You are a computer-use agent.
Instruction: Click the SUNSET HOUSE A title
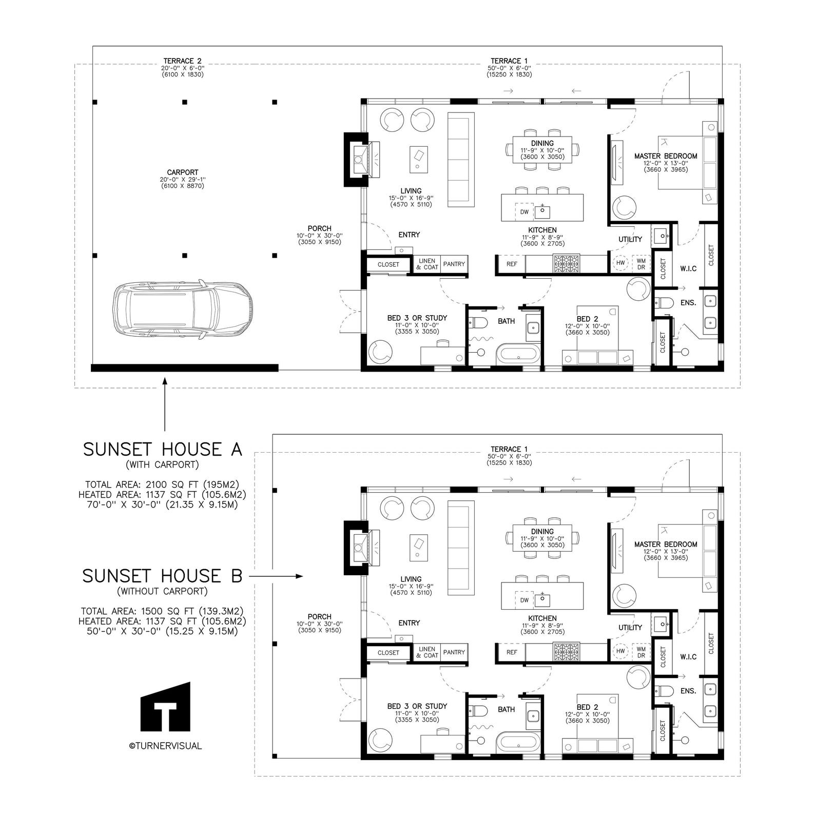click(162, 449)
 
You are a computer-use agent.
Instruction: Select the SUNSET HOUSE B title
click(162, 576)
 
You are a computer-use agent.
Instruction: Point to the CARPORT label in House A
click(182, 172)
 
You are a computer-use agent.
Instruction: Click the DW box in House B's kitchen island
click(524, 600)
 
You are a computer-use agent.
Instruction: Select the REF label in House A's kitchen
click(512, 264)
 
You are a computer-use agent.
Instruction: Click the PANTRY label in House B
click(454, 652)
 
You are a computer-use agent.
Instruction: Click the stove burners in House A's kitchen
click(566, 264)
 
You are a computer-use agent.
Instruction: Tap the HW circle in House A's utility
click(620, 263)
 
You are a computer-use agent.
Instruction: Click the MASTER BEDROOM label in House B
click(665, 544)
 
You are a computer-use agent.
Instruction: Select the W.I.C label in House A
click(688, 268)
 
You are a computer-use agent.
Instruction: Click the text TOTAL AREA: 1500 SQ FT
click(162, 611)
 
